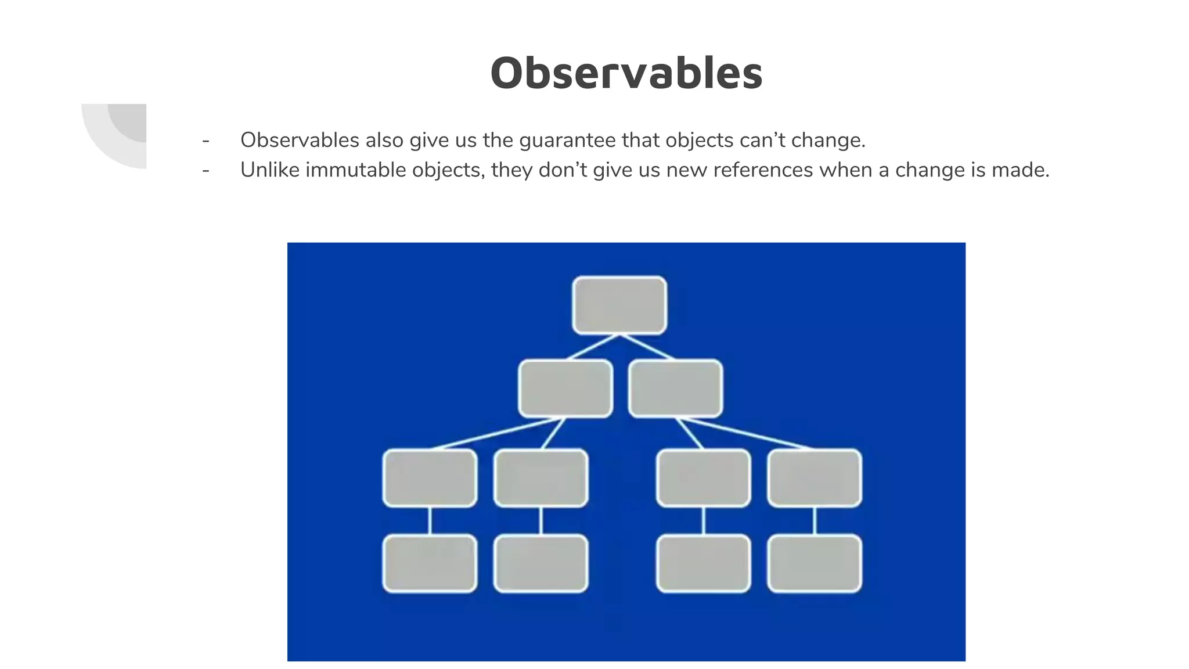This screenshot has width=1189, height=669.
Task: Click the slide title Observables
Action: point(626,73)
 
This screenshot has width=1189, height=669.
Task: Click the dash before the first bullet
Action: point(206,141)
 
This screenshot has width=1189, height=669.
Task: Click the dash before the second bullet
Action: point(206,170)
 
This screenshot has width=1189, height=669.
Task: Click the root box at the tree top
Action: point(619,305)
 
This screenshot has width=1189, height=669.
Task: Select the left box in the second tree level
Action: point(565,389)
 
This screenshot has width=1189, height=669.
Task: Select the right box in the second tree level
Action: point(675,389)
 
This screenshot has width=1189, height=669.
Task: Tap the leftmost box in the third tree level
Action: point(430,478)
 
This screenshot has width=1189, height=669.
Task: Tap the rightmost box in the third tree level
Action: point(814,478)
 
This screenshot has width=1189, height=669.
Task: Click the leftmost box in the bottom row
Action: point(430,563)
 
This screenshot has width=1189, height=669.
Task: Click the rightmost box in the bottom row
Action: point(814,563)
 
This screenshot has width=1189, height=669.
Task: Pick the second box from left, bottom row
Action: point(541,563)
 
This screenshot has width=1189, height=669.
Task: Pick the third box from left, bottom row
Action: point(703,563)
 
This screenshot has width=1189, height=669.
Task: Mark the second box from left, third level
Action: point(541,478)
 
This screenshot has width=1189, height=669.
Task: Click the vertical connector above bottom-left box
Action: point(430,521)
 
